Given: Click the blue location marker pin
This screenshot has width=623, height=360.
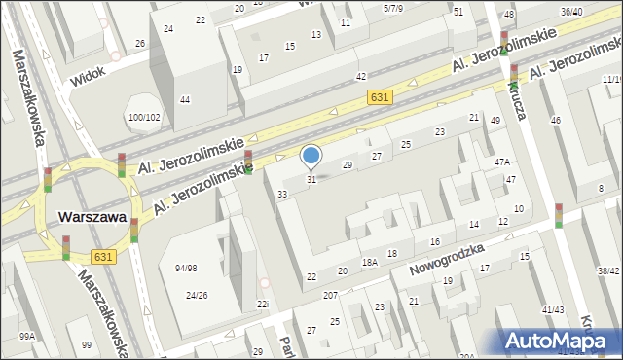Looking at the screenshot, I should point(311,156).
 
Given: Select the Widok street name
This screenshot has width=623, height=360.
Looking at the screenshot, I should point(87,75).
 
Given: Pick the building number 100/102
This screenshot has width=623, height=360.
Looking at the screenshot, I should point(144,118).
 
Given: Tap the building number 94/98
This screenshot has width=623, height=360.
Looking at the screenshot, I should point(185,268).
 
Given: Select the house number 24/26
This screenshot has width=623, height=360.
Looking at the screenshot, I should point(197,295).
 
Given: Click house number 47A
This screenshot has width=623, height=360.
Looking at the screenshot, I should point(501,162).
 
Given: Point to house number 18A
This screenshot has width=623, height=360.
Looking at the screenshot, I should point(370,262).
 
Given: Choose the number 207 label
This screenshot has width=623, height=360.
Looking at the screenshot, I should point(330,295).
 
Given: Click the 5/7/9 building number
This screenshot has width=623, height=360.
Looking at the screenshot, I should point(393,8).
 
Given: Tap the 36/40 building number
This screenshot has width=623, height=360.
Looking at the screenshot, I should point(571,12).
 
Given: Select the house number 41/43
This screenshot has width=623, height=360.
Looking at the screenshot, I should point(553,309).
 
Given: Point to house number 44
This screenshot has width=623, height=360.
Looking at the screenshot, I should point(184,99).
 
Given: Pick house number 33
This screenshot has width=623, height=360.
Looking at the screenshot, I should point(282,195).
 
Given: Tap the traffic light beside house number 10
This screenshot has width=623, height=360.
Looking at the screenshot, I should point(559,215).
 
